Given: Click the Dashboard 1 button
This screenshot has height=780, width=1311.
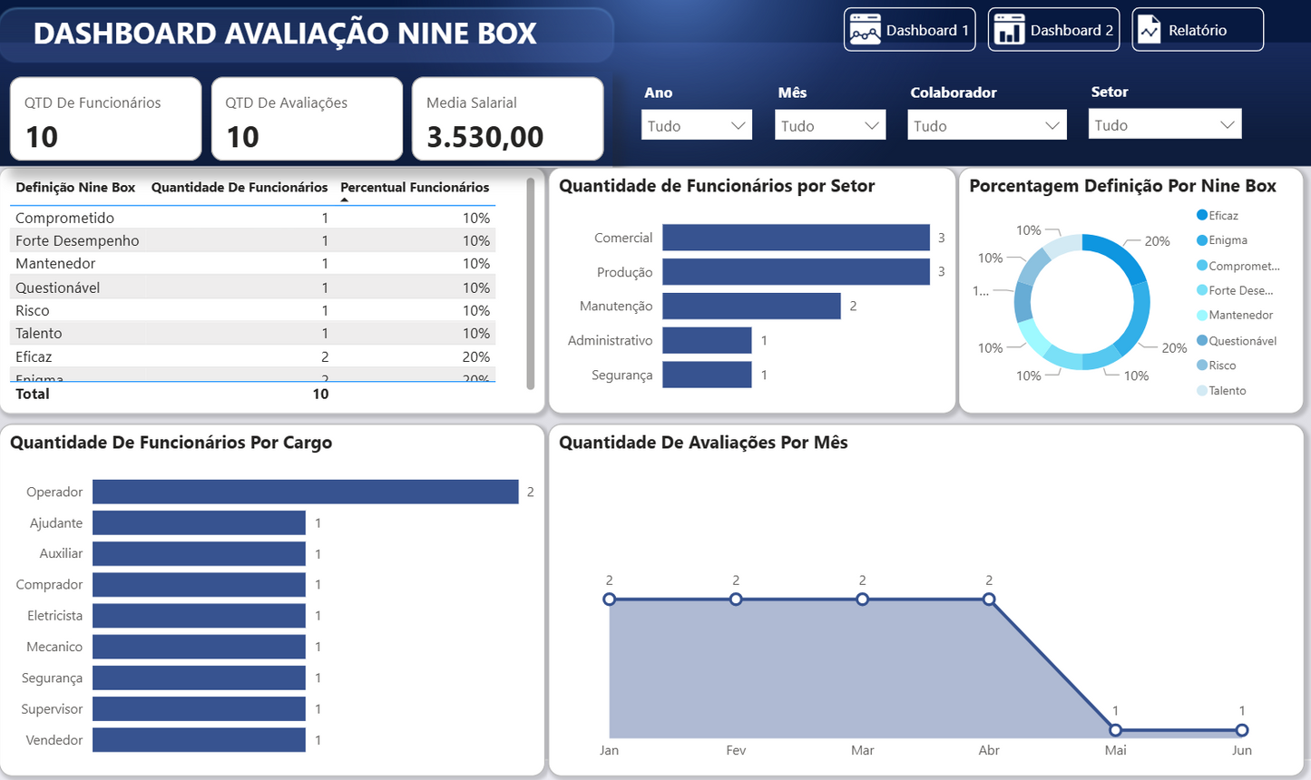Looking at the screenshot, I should pos(909,30).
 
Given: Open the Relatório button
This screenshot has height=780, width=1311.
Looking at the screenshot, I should pos(1197,30).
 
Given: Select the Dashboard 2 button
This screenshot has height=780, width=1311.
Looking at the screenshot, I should pos(1053,30).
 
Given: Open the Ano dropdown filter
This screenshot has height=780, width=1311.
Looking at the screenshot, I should pos(696,126).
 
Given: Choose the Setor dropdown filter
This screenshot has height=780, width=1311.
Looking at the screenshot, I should pos(1164,125).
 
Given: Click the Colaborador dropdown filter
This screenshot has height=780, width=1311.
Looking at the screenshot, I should pos(986,126).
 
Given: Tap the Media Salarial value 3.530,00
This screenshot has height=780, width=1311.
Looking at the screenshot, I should pos(485,137).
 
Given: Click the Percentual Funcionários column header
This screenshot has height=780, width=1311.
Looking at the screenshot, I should pos(415,188).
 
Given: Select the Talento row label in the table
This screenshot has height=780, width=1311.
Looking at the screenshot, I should pos(39,334).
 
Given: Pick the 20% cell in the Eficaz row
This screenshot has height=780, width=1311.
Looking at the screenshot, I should pos(475,357).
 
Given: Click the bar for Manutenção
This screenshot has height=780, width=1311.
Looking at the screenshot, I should pos(751,307).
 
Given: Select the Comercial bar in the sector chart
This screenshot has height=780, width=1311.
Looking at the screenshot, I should pos(796,238).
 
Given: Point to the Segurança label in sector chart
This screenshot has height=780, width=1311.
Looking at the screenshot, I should pos(621,375).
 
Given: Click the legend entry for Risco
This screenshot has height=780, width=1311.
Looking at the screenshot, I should pos(1222,366).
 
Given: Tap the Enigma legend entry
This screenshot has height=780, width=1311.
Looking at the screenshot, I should pos(1228,240).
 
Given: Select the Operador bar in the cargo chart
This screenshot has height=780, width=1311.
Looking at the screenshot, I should pos(305,492).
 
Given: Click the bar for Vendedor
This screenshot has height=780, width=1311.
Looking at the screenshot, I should pos(199,740).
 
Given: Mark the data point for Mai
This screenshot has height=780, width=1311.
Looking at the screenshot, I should pos(1115,730).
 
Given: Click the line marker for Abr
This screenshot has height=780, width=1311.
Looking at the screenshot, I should pos(989,600).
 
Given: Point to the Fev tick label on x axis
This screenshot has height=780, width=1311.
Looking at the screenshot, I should pos(736,750).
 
